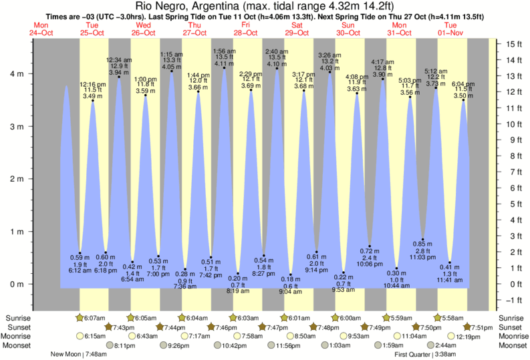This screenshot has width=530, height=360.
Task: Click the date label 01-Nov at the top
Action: (x=450, y=32)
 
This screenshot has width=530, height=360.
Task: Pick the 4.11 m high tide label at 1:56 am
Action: (x=224, y=63)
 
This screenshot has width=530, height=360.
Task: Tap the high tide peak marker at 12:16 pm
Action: (x=92, y=100)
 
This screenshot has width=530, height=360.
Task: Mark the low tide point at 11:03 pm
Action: (x=423, y=239)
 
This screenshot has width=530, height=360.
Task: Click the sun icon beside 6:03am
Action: (x=233, y=317)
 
